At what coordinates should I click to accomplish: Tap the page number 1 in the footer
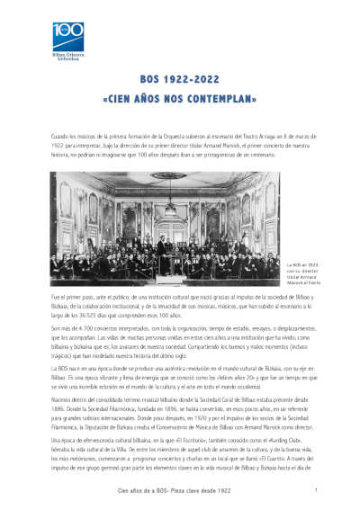click(318, 490)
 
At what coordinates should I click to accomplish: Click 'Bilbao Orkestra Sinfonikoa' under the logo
click(66, 57)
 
